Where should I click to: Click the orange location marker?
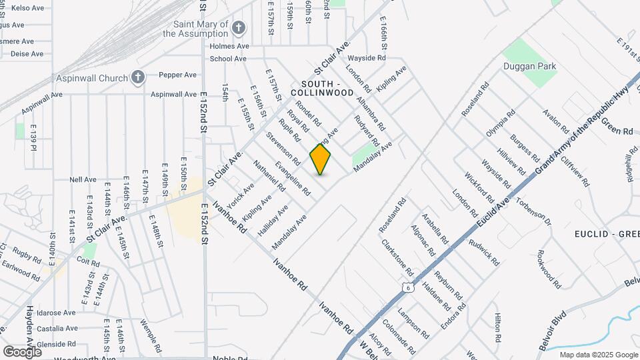(x=321, y=159)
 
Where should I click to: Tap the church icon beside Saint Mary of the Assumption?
(x=238, y=28)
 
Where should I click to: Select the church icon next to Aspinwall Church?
(x=138, y=78)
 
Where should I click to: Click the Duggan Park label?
(x=539, y=67)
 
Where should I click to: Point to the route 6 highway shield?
(x=407, y=287)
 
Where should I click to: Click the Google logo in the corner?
(x=22, y=351)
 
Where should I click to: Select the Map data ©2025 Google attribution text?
(x=598, y=355)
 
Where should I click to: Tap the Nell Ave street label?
(x=83, y=179)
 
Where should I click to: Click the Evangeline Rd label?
(x=293, y=178)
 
